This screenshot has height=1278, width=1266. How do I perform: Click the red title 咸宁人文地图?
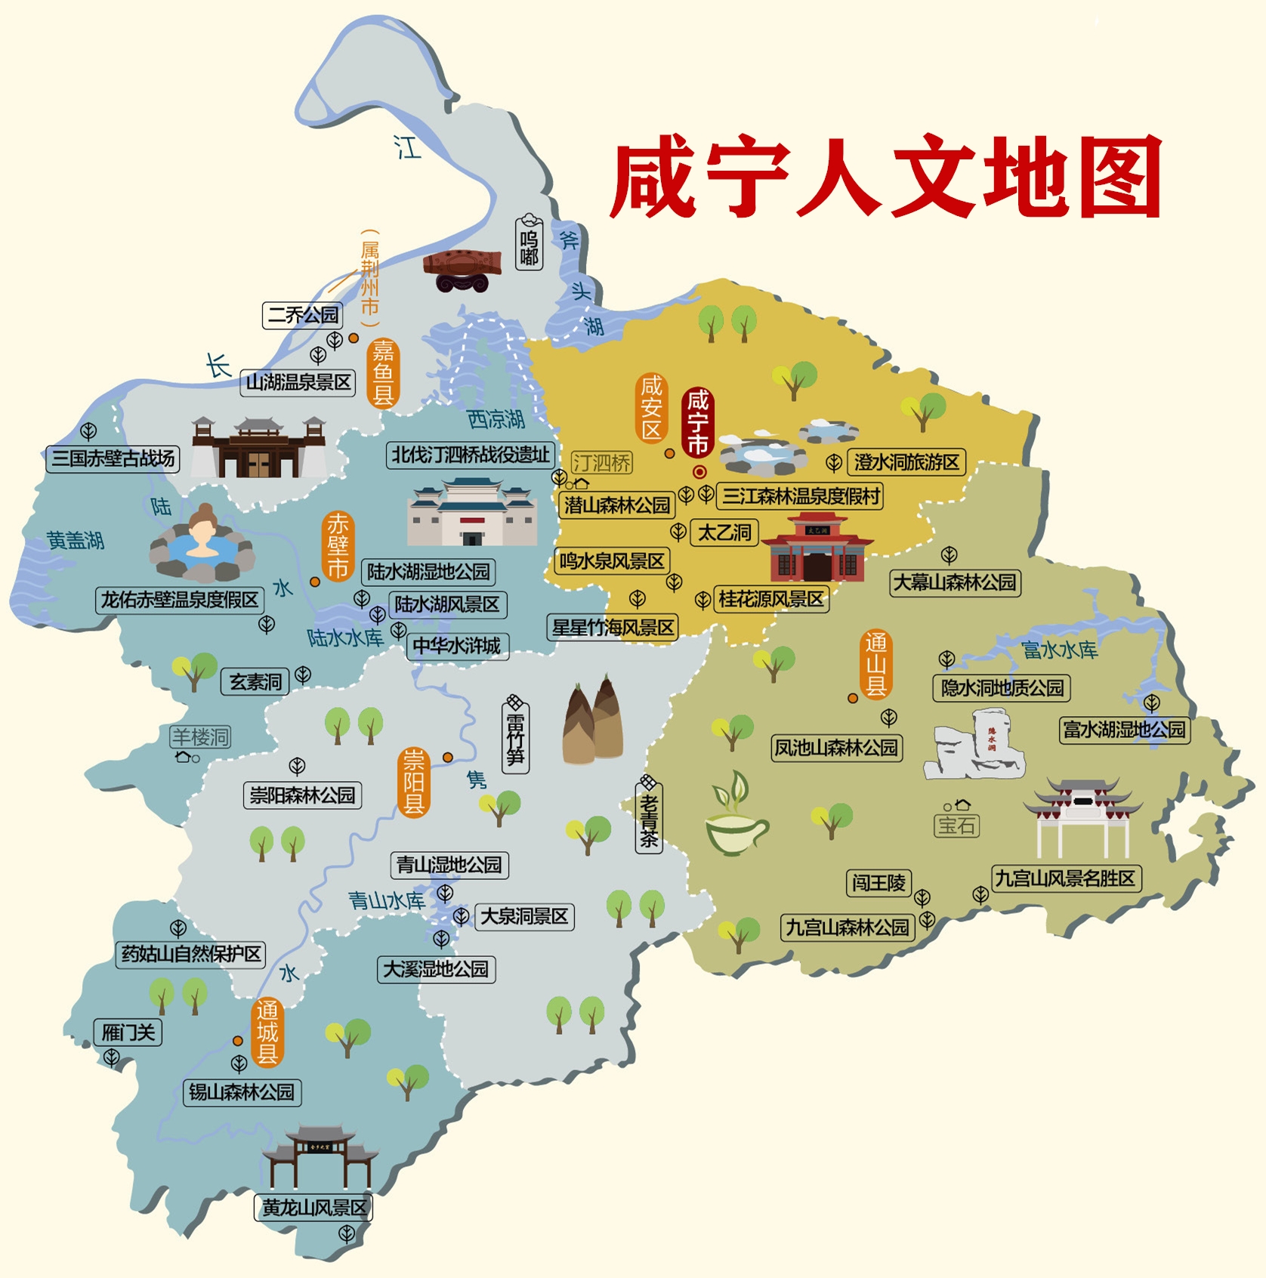pos(885,178)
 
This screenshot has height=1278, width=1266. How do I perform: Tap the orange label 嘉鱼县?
pos(383,372)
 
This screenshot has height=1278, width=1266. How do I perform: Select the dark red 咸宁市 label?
pos(697,422)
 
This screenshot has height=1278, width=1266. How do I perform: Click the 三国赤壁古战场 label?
pos(113,458)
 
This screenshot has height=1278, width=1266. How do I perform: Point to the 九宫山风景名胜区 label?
pos(1065,878)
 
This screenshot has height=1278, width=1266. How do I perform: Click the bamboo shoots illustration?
pos(593,721)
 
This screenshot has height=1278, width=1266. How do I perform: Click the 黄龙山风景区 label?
pos(313,1208)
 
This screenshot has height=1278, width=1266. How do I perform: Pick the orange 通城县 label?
pos(267,1032)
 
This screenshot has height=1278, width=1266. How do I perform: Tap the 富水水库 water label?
pos(1059,650)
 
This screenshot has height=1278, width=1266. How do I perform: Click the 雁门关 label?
pos(128,1032)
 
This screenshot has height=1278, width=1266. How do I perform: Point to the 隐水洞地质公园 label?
pos(1002,688)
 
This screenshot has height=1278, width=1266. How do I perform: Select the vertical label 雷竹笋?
pos(516,736)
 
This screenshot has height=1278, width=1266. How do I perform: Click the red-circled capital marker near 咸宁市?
pos(699,472)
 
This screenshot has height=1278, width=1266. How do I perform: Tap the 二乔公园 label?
pos(303,315)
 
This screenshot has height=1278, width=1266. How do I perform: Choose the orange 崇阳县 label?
pos(413,783)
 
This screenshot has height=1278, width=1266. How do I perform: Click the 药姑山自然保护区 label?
pos(191,954)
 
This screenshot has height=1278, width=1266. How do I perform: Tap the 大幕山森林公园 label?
pos(955,582)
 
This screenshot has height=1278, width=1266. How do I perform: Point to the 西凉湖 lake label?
pos(496,418)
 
